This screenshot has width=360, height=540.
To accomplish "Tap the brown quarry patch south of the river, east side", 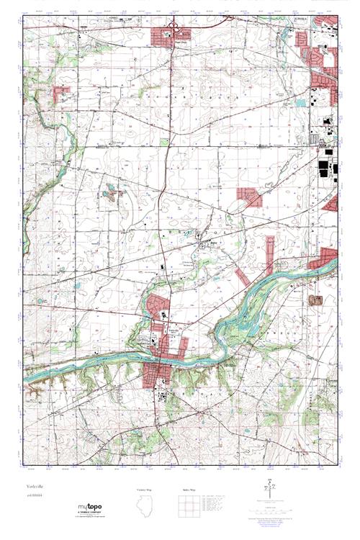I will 314,299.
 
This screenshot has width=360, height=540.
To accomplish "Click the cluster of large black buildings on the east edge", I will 326,173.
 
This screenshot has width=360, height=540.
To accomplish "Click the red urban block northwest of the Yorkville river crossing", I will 157,306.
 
